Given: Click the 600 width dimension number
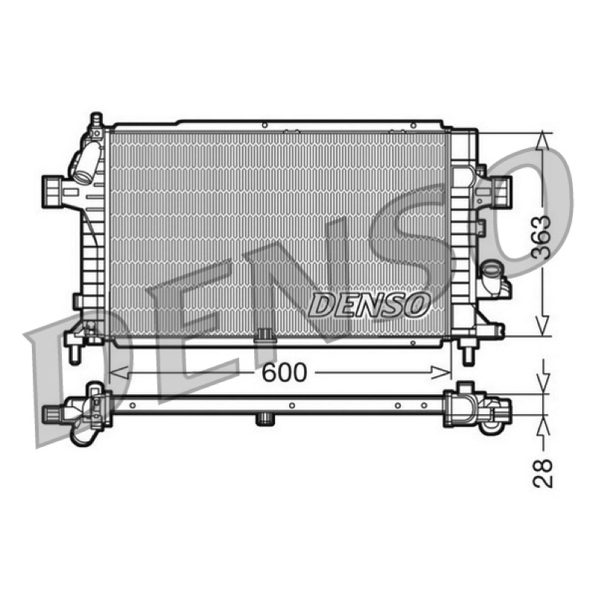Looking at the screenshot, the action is pos(285,372).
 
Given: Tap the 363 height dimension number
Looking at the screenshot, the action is pos(542,238).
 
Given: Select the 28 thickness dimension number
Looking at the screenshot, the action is pos(542,473).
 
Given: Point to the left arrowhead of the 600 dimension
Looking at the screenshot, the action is pos(118,372).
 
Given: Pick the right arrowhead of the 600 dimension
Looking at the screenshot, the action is pos(441,372).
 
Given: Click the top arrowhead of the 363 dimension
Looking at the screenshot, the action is pos(544,142).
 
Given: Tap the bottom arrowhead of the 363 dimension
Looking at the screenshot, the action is pos(544,326).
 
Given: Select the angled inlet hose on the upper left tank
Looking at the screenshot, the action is pos(86,162).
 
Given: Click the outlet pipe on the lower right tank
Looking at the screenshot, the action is pos(493,276).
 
